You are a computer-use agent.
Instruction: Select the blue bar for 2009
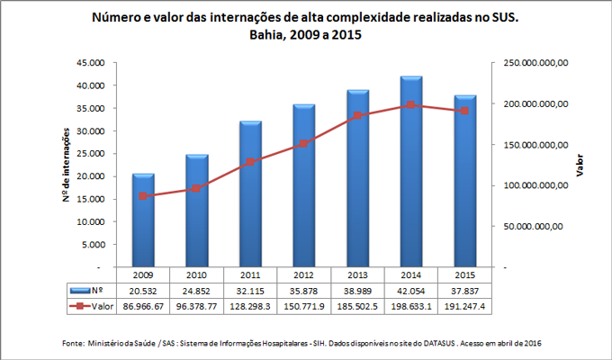point(143,220)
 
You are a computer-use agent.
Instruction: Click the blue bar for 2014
point(412,172)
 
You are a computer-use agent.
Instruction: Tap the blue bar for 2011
point(251,194)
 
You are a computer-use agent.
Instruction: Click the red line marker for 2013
point(358,115)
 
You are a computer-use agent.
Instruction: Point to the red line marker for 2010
point(197,188)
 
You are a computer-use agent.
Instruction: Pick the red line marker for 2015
point(465,111)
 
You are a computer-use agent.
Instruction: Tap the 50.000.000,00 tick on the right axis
point(532,227)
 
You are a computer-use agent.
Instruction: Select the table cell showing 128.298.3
point(251,307)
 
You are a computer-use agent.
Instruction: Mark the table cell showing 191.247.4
point(465,307)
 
